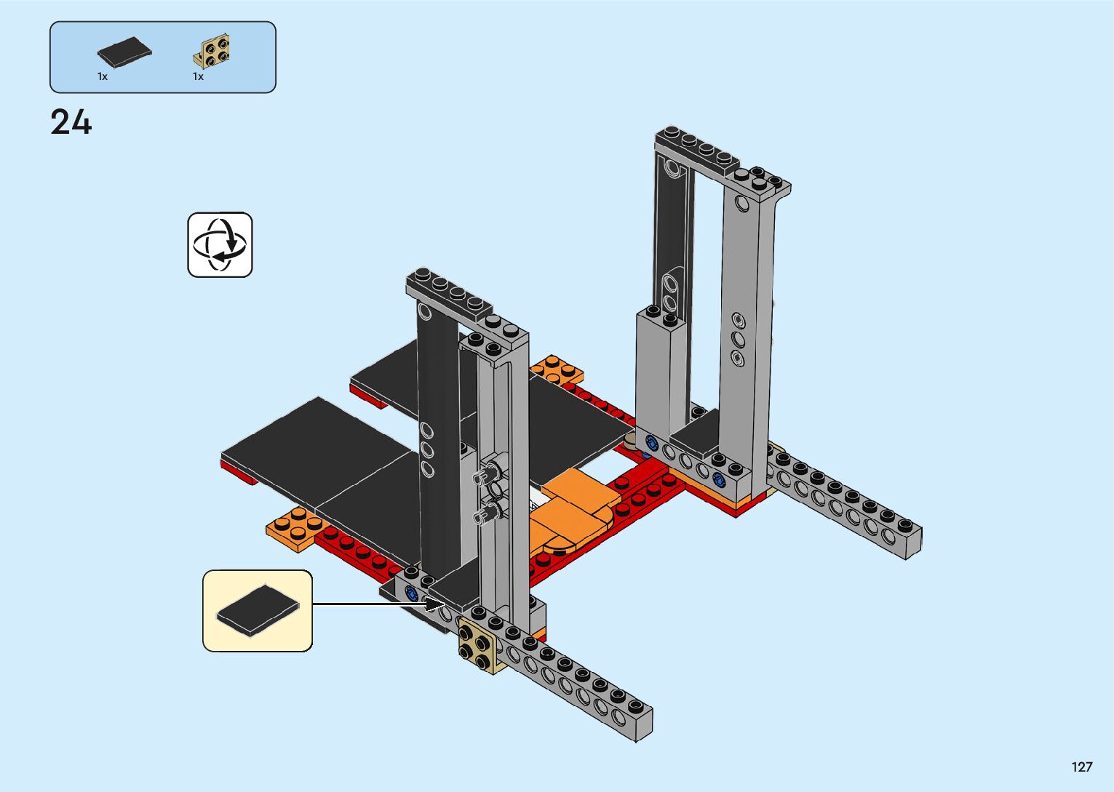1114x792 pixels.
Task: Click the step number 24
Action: [x=71, y=122]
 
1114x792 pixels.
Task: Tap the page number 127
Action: [x=1082, y=767]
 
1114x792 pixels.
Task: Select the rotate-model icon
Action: [x=220, y=244]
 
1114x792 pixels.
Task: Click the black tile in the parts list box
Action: [x=124, y=52]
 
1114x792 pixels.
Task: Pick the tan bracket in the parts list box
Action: [x=211, y=51]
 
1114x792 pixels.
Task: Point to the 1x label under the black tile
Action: [x=103, y=76]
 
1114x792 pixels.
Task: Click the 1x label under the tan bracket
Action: [x=198, y=76]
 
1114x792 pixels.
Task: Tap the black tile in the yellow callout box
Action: [x=258, y=610]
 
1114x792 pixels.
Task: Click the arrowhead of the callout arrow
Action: [x=436, y=604]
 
